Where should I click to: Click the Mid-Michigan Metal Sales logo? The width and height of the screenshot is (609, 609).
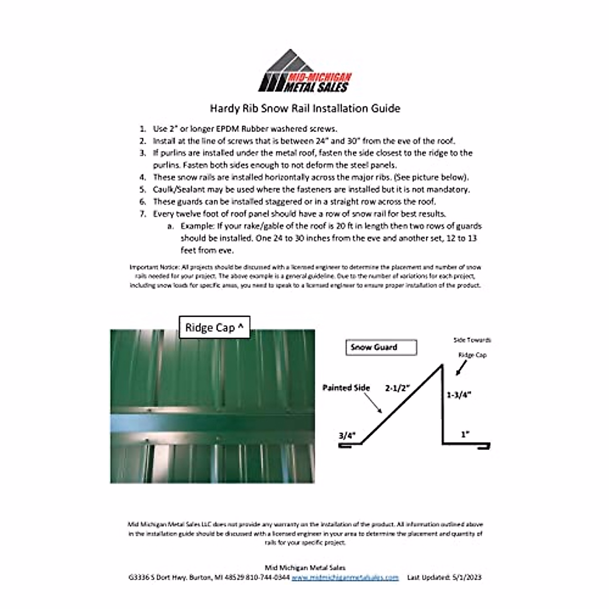pyautogui.click(x=305, y=72)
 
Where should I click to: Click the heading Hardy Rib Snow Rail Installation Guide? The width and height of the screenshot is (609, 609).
pyautogui.click(x=305, y=108)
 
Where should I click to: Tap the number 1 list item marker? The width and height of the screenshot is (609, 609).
pyautogui.click(x=143, y=129)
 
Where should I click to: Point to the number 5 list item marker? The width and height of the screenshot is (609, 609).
pyautogui.click(x=143, y=190)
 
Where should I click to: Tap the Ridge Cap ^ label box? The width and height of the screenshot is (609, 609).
pyautogui.click(x=214, y=327)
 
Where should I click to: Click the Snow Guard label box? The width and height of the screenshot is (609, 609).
pyautogui.click(x=381, y=348)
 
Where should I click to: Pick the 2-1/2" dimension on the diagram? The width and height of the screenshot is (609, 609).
pyautogui.click(x=397, y=388)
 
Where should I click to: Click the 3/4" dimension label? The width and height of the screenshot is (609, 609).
pyautogui.click(x=347, y=435)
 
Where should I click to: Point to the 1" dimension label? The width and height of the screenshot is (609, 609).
pyautogui.click(x=465, y=434)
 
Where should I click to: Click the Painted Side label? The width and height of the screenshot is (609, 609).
pyautogui.click(x=346, y=388)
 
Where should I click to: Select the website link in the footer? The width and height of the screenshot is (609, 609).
pyautogui.click(x=345, y=578)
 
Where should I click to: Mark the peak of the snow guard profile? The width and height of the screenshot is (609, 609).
pyautogui.click(x=441, y=365)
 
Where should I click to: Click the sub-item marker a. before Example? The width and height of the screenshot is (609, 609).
pyautogui.click(x=171, y=226)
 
